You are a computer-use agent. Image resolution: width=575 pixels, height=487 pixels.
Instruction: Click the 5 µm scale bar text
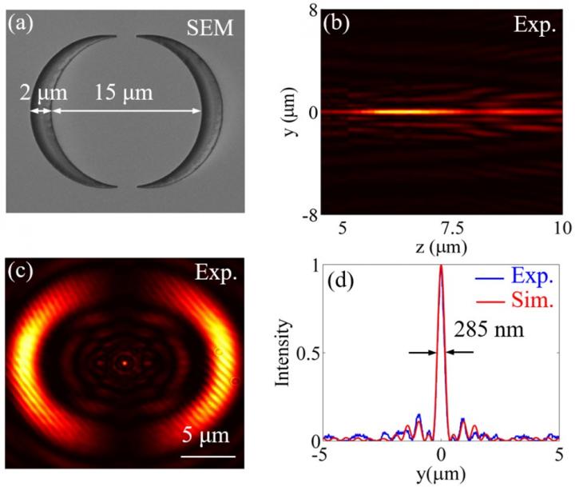coord(206,436)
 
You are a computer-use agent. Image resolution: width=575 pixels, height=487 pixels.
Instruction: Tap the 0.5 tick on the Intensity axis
coord(307,353)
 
